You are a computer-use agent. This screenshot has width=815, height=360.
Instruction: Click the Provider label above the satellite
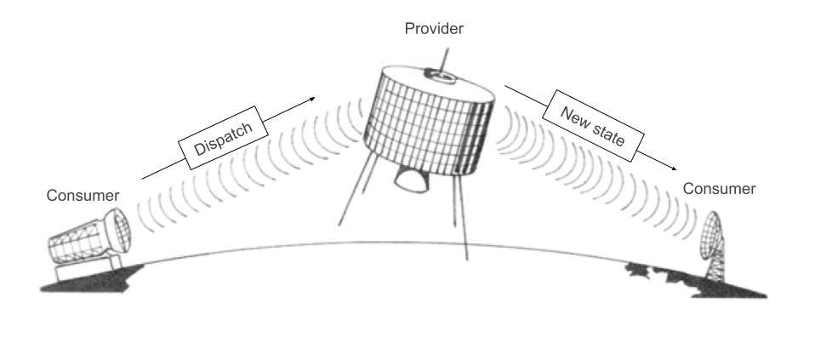tap(434, 29)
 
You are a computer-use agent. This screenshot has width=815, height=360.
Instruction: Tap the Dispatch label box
tap(224, 138)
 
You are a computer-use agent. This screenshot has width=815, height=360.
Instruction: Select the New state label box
tap(593, 125)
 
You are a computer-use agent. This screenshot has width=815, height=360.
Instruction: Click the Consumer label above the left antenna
tap(83, 196)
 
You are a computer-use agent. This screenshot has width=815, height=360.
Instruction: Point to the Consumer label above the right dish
tap(719, 189)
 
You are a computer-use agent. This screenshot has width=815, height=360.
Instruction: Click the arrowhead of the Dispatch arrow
tap(312, 99)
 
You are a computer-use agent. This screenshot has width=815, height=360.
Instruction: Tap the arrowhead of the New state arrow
tap(673, 168)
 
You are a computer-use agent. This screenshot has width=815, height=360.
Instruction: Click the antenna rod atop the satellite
tap(443, 60)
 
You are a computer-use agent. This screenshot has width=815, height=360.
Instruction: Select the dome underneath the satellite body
tap(412, 180)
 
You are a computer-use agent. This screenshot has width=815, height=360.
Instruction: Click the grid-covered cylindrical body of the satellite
tap(430, 123)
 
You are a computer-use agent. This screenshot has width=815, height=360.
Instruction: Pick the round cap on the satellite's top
tap(440, 76)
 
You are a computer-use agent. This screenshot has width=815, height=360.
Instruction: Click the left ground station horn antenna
tap(89, 237)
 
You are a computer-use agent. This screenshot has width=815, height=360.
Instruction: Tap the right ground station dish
tap(710, 235)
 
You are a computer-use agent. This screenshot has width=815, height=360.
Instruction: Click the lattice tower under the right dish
tap(715, 266)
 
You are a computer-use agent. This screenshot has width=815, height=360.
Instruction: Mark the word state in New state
tap(607, 134)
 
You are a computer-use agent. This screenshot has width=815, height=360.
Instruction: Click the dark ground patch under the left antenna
tap(91, 280)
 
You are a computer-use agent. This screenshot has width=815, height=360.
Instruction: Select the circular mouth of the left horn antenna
tap(119, 231)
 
